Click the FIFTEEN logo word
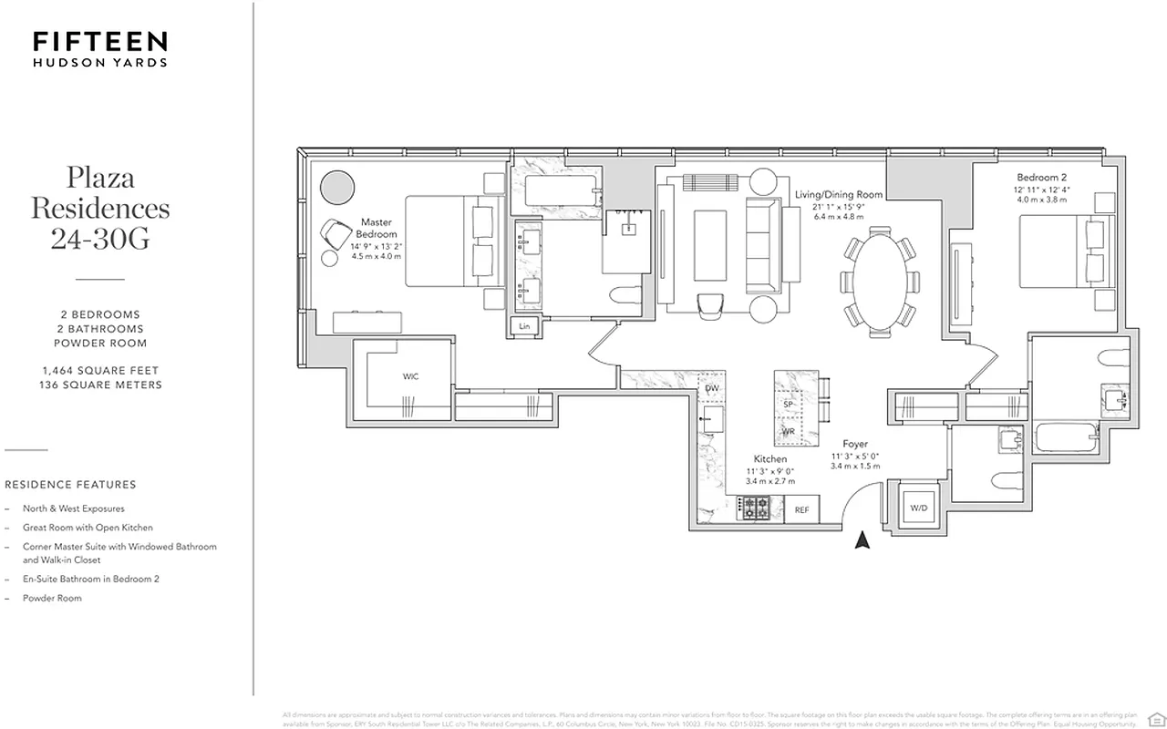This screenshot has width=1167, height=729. tap(100, 41)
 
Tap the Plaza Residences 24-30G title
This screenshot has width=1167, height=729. tap(100, 208)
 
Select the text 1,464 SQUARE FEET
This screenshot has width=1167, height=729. tap(100, 370)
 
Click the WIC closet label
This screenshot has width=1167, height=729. tap(410, 376)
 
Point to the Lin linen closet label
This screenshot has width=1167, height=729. tap(524, 325)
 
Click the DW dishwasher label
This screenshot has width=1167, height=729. tap(712, 389)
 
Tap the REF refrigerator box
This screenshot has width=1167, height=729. tap(801, 510)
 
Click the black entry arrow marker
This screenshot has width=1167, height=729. tap(862, 541)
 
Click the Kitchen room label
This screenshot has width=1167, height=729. tap(769, 458)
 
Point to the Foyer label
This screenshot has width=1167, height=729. tap(855, 444)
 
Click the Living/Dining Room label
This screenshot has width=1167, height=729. tap(838, 194)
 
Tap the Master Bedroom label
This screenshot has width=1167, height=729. tap(376, 228)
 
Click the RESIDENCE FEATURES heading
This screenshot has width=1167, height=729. tap(70, 485)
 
